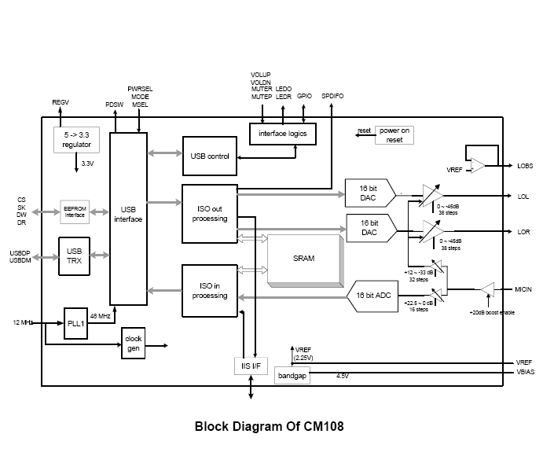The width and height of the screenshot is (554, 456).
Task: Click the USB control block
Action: (209, 156)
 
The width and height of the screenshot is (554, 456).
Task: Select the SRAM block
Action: (303, 259)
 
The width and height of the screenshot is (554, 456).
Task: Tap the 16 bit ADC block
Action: (372, 296)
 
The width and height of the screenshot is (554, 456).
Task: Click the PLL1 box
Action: (75, 323)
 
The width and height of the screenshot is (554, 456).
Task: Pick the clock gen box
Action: (133, 344)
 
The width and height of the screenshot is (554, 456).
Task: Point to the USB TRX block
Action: (75, 256)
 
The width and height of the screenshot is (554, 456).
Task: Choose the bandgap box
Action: (292, 377)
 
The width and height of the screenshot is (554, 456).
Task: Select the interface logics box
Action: (283, 134)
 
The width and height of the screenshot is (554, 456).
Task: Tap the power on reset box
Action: (394, 134)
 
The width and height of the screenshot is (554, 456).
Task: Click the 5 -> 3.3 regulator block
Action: (77, 140)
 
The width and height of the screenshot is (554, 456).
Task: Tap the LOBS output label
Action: (525, 166)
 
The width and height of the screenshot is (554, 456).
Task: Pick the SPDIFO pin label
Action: (333, 96)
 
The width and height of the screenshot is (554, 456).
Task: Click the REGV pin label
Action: (61, 103)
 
